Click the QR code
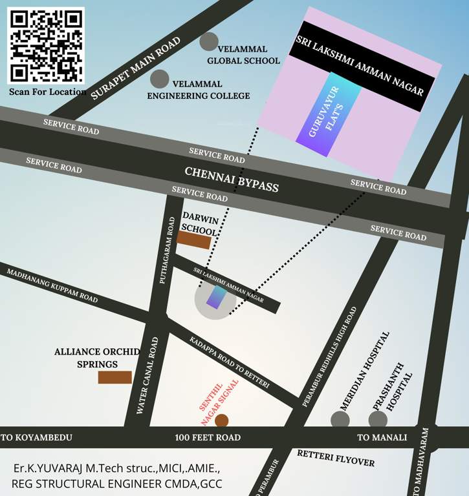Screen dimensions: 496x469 click(46, 45)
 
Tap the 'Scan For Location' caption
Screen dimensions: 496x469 click(48, 92)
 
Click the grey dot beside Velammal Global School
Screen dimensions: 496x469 click(209, 42)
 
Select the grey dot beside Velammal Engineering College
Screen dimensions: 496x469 click(160, 79)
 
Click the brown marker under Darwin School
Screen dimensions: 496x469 click(194, 240)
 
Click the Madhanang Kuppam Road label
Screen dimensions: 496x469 click(52, 286)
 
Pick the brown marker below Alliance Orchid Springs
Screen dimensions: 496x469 click(115, 377)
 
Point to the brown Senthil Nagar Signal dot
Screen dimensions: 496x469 click(222, 421)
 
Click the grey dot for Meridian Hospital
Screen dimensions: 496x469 click(340, 420)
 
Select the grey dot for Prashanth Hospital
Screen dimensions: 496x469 click(378, 420)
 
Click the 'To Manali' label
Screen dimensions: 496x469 click(382, 438)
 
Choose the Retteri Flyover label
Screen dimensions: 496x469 click(336, 457)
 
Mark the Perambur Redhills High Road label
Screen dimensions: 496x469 click(329, 357)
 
